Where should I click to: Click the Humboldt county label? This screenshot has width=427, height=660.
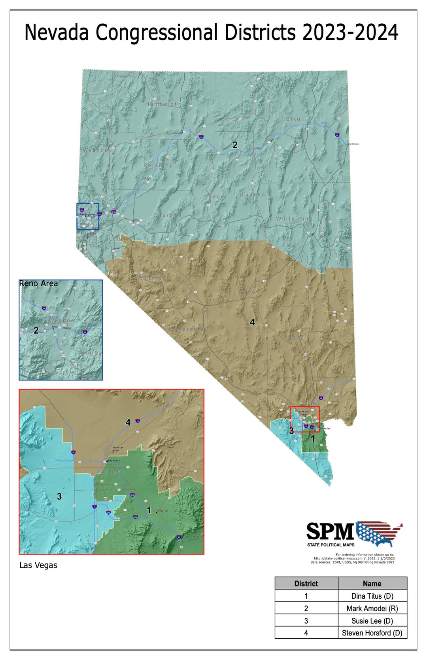point(161,104)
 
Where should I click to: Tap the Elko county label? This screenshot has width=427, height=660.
point(293,119)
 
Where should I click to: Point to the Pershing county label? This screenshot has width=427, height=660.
point(158,165)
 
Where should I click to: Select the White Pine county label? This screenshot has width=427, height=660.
point(294,219)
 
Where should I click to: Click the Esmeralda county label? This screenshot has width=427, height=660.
point(187,329)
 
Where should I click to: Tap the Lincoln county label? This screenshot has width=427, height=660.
point(298,337)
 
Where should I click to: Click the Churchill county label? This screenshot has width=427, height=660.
point(169,215)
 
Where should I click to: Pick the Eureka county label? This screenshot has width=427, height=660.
point(253,195)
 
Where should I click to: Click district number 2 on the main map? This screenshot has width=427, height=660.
point(235,145)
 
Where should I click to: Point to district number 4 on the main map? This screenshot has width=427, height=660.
point(252,322)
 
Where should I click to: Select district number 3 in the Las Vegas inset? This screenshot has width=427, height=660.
point(59,496)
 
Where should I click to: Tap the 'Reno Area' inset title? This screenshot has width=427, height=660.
point(38,284)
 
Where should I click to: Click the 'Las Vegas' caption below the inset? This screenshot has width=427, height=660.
point(38,565)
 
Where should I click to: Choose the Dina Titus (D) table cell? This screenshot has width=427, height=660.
point(372,596)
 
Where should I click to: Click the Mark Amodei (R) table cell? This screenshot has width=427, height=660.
point(372,608)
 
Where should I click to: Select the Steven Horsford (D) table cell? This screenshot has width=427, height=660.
point(372,633)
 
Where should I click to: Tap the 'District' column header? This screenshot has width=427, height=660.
point(306,583)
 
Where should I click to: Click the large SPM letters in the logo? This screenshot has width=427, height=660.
point(330,531)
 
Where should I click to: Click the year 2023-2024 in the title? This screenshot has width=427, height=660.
point(350,32)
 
